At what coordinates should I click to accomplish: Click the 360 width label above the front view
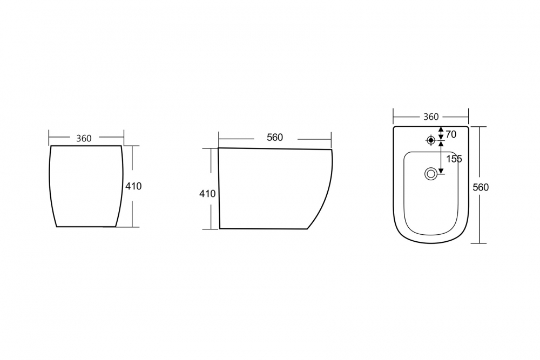[x=84, y=138]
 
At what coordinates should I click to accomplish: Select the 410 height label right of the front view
[x=133, y=186]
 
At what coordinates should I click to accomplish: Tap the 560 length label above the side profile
[x=275, y=137]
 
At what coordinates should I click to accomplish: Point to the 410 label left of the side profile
[x=207, y=194]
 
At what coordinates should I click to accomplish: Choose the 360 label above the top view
[x=431, y=117]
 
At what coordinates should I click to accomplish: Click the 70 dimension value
[x=451, y=134]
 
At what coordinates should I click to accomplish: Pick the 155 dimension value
[x=454, y=159]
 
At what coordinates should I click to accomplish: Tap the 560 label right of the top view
[x=481, y=187]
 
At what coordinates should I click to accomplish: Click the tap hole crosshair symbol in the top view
[x=430, y=140]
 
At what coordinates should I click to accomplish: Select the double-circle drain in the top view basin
[x=430, y=173]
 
